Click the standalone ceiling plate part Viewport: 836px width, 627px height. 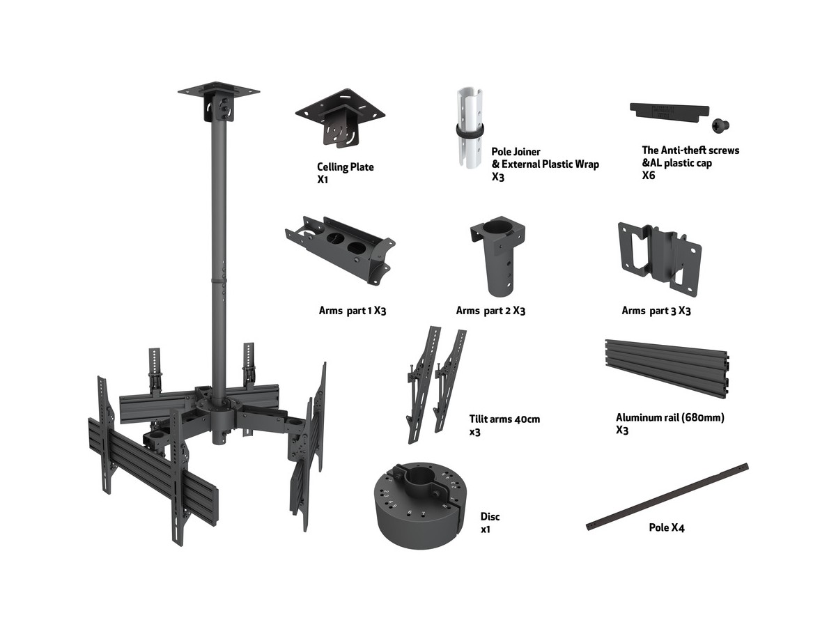341,116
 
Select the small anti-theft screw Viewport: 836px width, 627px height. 720,125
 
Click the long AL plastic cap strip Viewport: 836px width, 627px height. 669,111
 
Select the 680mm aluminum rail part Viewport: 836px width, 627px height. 667,370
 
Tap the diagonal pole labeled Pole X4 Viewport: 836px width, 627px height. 667,496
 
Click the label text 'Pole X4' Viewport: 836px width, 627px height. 667,528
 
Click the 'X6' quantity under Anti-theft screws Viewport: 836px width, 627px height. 649,176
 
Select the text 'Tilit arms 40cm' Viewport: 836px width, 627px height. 504,419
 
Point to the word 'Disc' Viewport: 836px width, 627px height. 490,517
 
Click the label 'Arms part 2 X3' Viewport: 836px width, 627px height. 490,311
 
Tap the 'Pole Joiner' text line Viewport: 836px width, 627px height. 516,152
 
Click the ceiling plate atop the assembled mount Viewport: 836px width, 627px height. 218,91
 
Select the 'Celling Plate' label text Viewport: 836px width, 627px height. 346,167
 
